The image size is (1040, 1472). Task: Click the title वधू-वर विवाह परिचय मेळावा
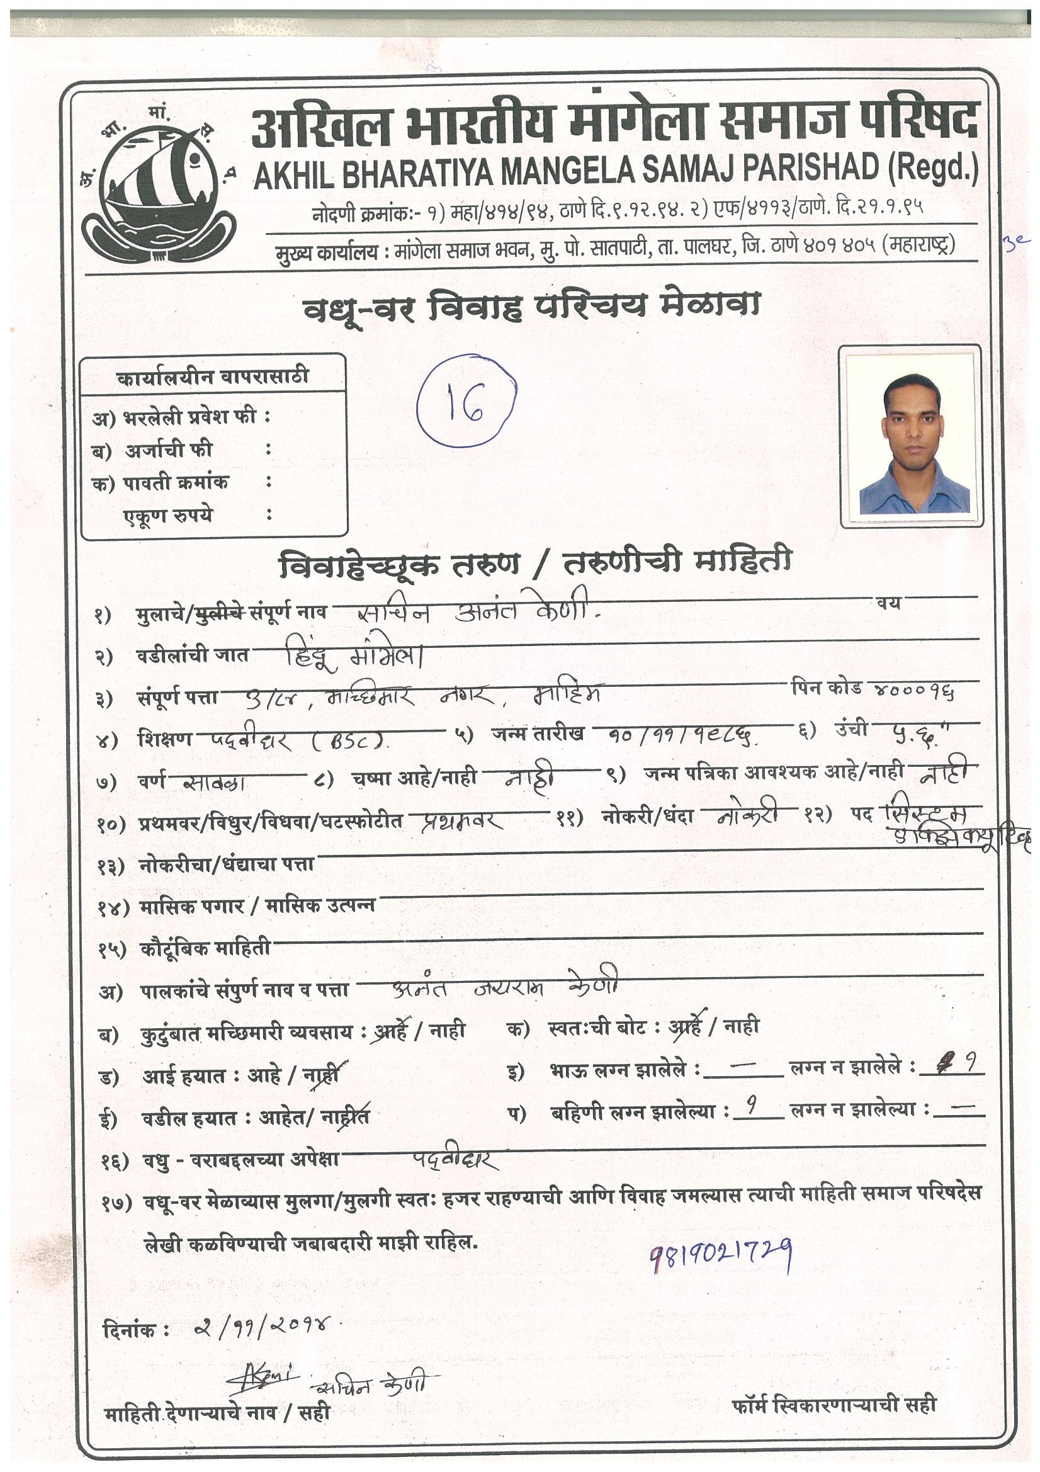pyautogui.click(x=531, y=306)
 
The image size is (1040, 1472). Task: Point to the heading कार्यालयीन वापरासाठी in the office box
pyautogui.click(x=213, y=376)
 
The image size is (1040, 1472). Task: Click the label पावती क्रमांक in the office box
pyautogui.click(x=175, y=483)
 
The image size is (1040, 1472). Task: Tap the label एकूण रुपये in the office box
pyautogui.click(x=168, y=516)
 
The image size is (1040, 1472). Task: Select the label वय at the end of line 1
pyautogui.click(x=889, y=603)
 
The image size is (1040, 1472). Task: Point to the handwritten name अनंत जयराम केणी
pyautogui.click(x=506, y=988)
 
